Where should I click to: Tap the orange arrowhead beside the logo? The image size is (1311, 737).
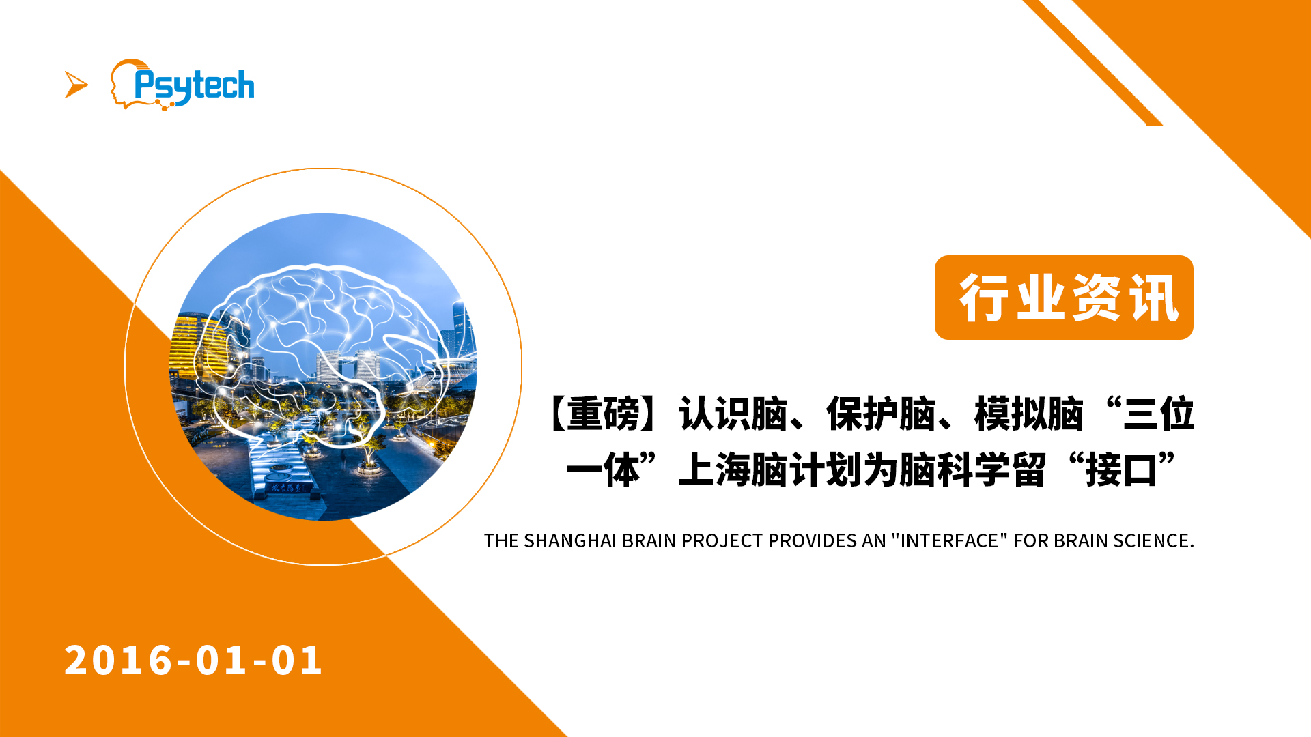coord(76,85)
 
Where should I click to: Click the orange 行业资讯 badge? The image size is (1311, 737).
coord(1064,298)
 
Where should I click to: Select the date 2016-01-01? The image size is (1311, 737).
coord(193,661)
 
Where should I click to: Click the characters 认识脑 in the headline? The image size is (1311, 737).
coord(733,414)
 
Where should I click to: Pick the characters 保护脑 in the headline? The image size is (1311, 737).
coord(881,414)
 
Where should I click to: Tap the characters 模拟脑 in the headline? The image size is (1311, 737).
coord(1029,414)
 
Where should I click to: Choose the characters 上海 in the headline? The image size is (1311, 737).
coord(714,469)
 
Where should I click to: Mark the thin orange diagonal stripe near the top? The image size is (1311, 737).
coord(1092,63)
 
